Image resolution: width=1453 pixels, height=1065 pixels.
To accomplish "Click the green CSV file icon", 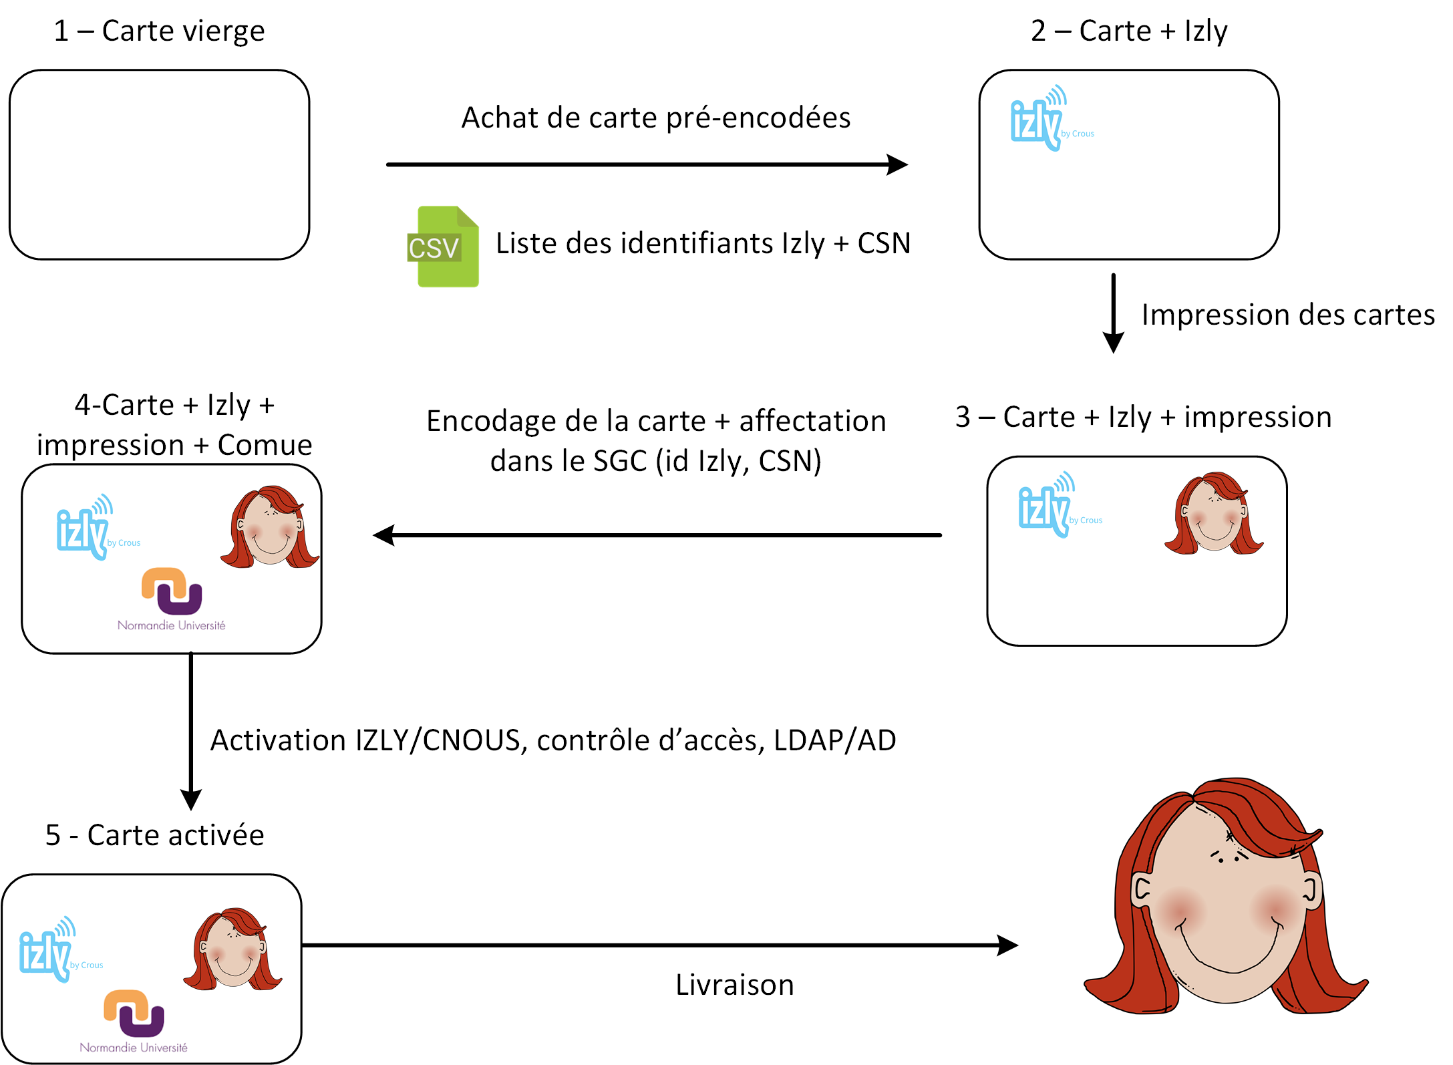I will [444, 247].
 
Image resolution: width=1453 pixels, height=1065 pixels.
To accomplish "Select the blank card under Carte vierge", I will [159, 164].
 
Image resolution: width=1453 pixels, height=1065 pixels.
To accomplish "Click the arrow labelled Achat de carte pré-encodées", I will [646, 164].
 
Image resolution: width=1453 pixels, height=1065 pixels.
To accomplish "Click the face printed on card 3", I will [1214, 514].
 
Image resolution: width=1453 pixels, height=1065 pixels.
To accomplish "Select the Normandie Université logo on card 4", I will [172, 598].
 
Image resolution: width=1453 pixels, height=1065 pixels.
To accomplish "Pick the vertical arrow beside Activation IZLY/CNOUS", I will [191, 731].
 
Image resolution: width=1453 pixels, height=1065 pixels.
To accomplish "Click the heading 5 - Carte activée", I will [155, 835].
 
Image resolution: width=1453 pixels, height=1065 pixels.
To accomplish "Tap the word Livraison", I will [734, 985].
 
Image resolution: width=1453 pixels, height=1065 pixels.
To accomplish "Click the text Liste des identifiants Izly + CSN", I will [703, 243].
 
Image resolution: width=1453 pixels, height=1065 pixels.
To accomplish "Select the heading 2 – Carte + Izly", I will [1129, 31].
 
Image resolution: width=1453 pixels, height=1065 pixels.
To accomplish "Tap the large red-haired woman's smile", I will [1228, 949].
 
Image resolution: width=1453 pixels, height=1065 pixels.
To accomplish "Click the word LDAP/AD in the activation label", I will [834, 740].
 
